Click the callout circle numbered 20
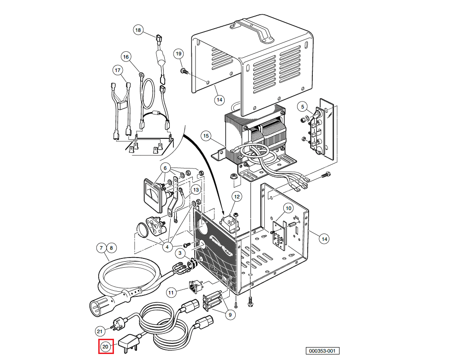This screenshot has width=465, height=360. [x=106, y=346]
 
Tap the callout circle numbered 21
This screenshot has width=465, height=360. [x=100, y=331]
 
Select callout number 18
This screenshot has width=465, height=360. [x=138, y=30]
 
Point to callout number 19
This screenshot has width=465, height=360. [x=179, y=54]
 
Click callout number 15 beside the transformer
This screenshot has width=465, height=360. [x=206, y=136]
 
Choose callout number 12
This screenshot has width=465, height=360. [x=236, y=197]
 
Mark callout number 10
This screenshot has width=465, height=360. [x=288, y=208]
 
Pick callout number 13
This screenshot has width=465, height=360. [x=196, y=190]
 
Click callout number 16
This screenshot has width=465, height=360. [x=126, y=57]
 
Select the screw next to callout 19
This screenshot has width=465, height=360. [x=184, y=71]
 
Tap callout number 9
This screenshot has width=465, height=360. [x=229, y=315]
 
